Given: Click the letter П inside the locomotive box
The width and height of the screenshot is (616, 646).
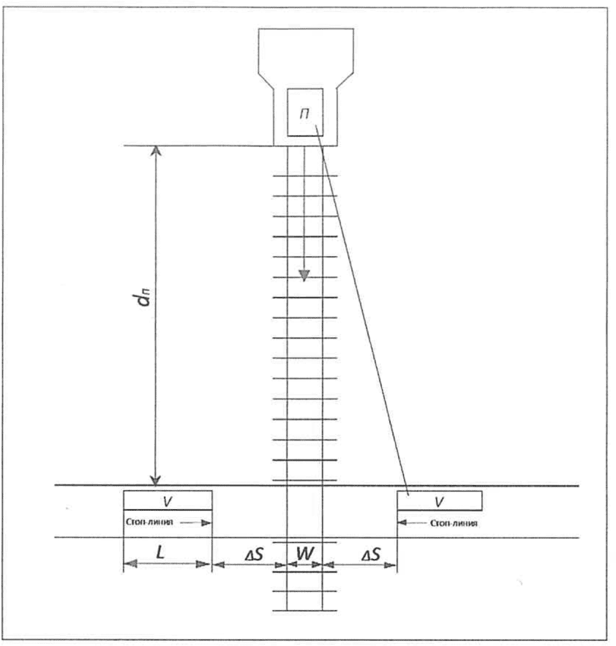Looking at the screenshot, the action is (304, 113).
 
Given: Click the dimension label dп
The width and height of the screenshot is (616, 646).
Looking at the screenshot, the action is (144, 297).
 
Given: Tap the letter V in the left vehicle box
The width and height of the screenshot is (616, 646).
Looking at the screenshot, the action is (168, 501).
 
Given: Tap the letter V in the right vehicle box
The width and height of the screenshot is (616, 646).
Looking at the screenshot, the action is (439, 502).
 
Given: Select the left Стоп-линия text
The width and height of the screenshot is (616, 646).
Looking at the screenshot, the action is (149, 522).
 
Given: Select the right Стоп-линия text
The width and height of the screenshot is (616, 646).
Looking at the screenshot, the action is (454, 523).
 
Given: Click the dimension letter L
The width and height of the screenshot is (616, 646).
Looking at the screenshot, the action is (160, 552).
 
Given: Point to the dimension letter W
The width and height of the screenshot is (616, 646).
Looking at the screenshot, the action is (305, 553).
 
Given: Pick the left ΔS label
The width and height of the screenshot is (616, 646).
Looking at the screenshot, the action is (255, 555).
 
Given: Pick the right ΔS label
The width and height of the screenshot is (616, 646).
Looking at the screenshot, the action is (371, 555).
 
